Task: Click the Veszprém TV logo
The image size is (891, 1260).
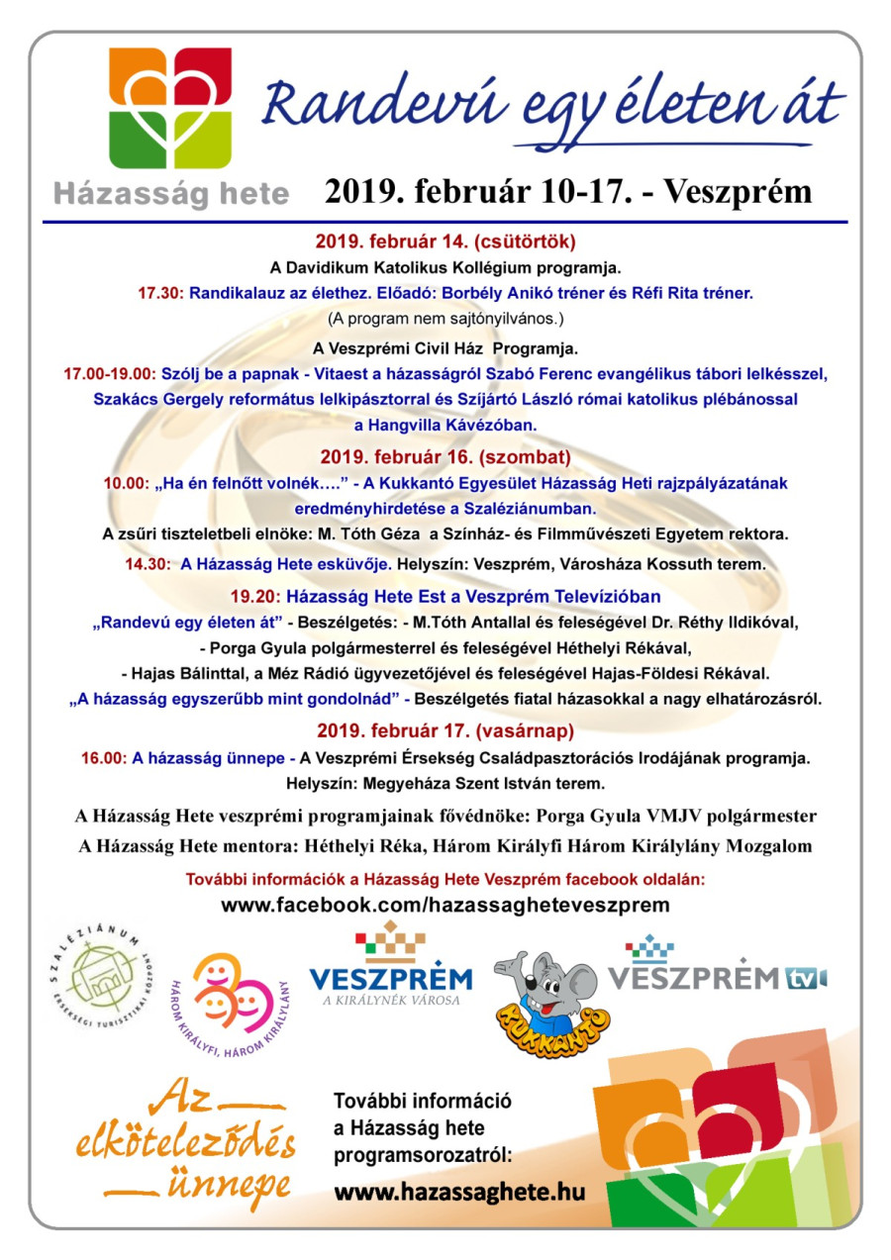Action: tap(717, 966)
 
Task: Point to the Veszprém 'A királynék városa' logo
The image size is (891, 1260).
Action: tap(391, 970)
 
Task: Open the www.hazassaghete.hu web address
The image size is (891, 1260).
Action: tap(459, 1191)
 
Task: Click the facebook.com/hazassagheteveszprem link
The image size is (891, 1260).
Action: tap(445, 905)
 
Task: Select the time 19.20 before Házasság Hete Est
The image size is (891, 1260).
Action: tap(255, 597)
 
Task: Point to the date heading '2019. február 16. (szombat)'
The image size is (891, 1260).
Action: tap(445, 457)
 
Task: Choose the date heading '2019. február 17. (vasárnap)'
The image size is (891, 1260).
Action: tap(445, 731)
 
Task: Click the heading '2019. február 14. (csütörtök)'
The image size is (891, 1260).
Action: tap(445, 241)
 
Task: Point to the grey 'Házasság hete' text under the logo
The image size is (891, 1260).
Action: tap(170, 193)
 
